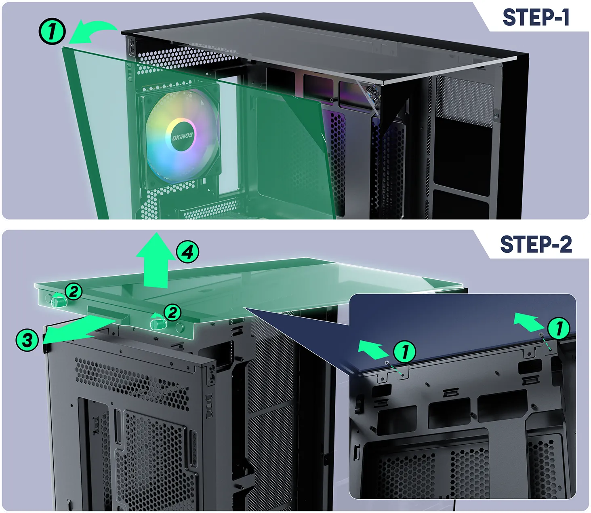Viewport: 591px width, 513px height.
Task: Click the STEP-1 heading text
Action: coord(536,17)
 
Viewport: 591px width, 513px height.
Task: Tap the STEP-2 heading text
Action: coord(536,244)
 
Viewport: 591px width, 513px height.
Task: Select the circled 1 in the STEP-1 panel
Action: coord(52,31)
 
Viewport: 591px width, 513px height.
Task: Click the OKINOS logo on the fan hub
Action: coord(182,136)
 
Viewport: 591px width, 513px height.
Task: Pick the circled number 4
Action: coord(188,252)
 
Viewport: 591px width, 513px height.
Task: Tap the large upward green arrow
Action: coord(156,260)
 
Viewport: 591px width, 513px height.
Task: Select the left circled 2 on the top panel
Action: coord(74,291)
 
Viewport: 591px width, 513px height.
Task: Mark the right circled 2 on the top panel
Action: coord(172,312)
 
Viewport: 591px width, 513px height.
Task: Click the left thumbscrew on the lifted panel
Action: coord(58,302)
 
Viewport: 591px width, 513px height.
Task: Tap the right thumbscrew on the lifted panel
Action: coord(158,324)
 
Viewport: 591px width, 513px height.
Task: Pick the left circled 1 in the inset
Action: coord(405,351)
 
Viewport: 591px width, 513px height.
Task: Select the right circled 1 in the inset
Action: coord(559,328)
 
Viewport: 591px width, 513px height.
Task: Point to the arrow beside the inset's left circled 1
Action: coord(373,349)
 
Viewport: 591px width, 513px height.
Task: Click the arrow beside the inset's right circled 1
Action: coord(528,322)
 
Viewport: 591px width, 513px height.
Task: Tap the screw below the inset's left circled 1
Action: coord(387,362)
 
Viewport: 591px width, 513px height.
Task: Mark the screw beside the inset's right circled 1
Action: coord(542,334)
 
